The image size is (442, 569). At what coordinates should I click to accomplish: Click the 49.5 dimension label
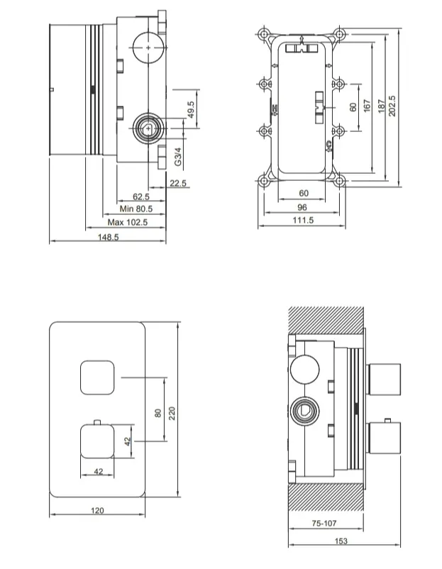click(192, 109)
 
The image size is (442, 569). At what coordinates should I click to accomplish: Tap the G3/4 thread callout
click(178, 156)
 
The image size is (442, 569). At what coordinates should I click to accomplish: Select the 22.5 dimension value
click(178, 183)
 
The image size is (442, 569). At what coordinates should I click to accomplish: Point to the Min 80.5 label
click(136, 209)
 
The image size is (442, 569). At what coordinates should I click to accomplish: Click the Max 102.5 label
click(128, 222)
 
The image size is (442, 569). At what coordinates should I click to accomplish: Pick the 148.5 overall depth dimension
click(108, 238)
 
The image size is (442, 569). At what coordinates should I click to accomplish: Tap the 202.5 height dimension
click(392, 106)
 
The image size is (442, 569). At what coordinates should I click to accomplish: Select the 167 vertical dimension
click(367, 106)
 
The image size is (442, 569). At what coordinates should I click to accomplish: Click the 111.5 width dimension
click(303, 220)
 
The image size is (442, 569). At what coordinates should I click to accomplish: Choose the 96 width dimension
click(302, 207)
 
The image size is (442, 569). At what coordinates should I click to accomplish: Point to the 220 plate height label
click(172, 414)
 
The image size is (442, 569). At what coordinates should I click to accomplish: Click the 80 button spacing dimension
click(158, 413)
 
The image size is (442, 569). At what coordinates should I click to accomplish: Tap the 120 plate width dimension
click(97, 511)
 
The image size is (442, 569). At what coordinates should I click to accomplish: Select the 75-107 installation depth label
click(324, 524)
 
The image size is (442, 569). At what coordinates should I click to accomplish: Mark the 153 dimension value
click(341, 541)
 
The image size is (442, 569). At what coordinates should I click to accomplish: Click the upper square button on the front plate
click(97, 377)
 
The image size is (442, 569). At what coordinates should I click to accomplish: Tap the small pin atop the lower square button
click(97, 422)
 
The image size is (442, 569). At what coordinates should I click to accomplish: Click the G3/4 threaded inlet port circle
click(148, 128)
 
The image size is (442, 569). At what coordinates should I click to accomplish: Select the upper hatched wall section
click(326, 319)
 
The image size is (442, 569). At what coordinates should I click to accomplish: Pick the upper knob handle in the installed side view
click(385, 379)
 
